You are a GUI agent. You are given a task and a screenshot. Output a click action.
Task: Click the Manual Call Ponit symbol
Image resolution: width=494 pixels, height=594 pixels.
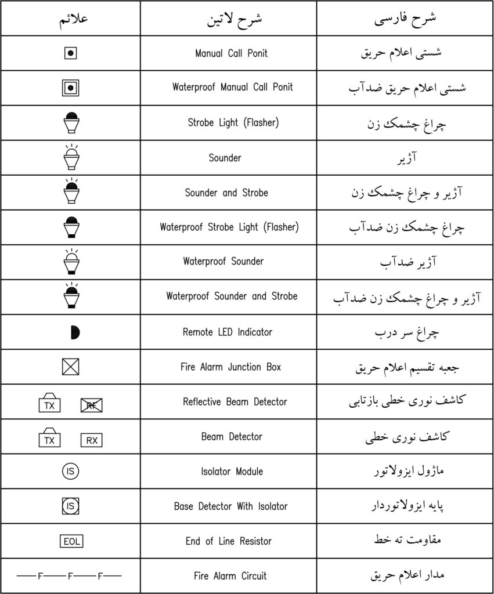tap(70, 53)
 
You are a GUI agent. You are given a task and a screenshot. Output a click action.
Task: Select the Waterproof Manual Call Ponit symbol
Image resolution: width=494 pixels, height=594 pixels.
tap(70, 88)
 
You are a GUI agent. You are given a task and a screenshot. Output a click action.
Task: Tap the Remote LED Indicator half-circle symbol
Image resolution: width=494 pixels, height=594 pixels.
tap(74, 332)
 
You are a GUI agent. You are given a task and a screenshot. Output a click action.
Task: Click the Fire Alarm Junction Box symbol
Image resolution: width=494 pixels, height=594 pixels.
tap(70, 367)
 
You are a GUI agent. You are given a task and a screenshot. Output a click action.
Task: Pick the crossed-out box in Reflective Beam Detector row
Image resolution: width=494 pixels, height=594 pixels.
tap(92, 405)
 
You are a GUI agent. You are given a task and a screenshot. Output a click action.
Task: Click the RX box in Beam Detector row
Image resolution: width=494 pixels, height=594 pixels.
tap(92, 440)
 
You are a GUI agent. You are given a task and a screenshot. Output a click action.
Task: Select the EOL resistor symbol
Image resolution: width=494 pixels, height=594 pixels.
tap(71, 541)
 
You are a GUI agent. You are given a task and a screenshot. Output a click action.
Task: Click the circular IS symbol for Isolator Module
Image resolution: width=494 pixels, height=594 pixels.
tap(70, 471)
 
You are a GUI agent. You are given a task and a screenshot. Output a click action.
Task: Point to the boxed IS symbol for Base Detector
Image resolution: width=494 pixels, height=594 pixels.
tap(70, 506)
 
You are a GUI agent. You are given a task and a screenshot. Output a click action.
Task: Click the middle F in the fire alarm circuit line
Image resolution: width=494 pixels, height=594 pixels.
tap(70, 577)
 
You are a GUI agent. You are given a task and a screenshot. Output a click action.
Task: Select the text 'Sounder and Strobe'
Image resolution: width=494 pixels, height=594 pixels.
tap(226, 193)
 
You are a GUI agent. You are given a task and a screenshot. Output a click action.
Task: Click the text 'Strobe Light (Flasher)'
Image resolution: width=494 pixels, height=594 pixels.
tap(233, 122)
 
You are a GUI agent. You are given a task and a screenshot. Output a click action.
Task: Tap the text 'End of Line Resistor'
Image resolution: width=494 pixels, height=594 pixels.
tap(229, 541)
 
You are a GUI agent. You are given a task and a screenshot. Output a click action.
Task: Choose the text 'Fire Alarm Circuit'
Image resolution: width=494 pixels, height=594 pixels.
tap(230, 576)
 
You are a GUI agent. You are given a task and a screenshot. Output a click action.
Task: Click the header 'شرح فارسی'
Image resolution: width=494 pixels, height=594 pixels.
tap(405, 18)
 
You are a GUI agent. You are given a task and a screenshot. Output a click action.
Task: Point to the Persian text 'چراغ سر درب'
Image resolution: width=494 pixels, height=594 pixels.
tap(406, 332)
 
